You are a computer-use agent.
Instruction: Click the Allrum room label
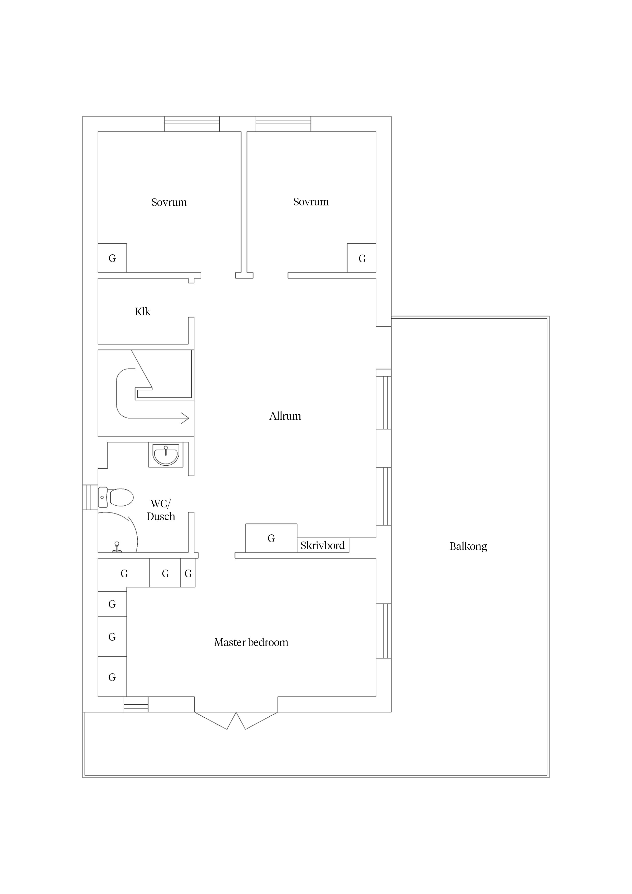(285, 416)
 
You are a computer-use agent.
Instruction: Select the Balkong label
(468, 546)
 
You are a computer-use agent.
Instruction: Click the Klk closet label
(142, 311)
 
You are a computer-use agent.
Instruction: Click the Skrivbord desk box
(323, 545)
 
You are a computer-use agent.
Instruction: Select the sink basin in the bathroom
(166, 455)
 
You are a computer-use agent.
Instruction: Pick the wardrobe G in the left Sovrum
(112, 258)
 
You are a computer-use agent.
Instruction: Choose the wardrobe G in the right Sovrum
(362, 258)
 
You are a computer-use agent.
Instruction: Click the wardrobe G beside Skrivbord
(271, 538)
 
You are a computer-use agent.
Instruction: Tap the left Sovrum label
(169, 202)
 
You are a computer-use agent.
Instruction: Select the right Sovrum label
(311, 202)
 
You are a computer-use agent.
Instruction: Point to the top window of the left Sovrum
(192, 124)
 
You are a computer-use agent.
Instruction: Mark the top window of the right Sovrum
(283, 124)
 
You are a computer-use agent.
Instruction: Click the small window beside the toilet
(90, 497)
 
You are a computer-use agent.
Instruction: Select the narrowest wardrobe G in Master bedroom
(188, 573)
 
